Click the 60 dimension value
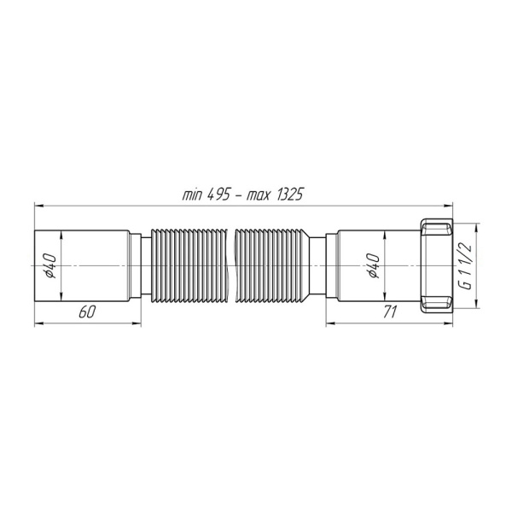tap(85, 312)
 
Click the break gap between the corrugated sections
tap(230, 266)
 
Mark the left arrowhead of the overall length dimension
tap(38, 205)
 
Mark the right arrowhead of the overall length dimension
tap(451, 205)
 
